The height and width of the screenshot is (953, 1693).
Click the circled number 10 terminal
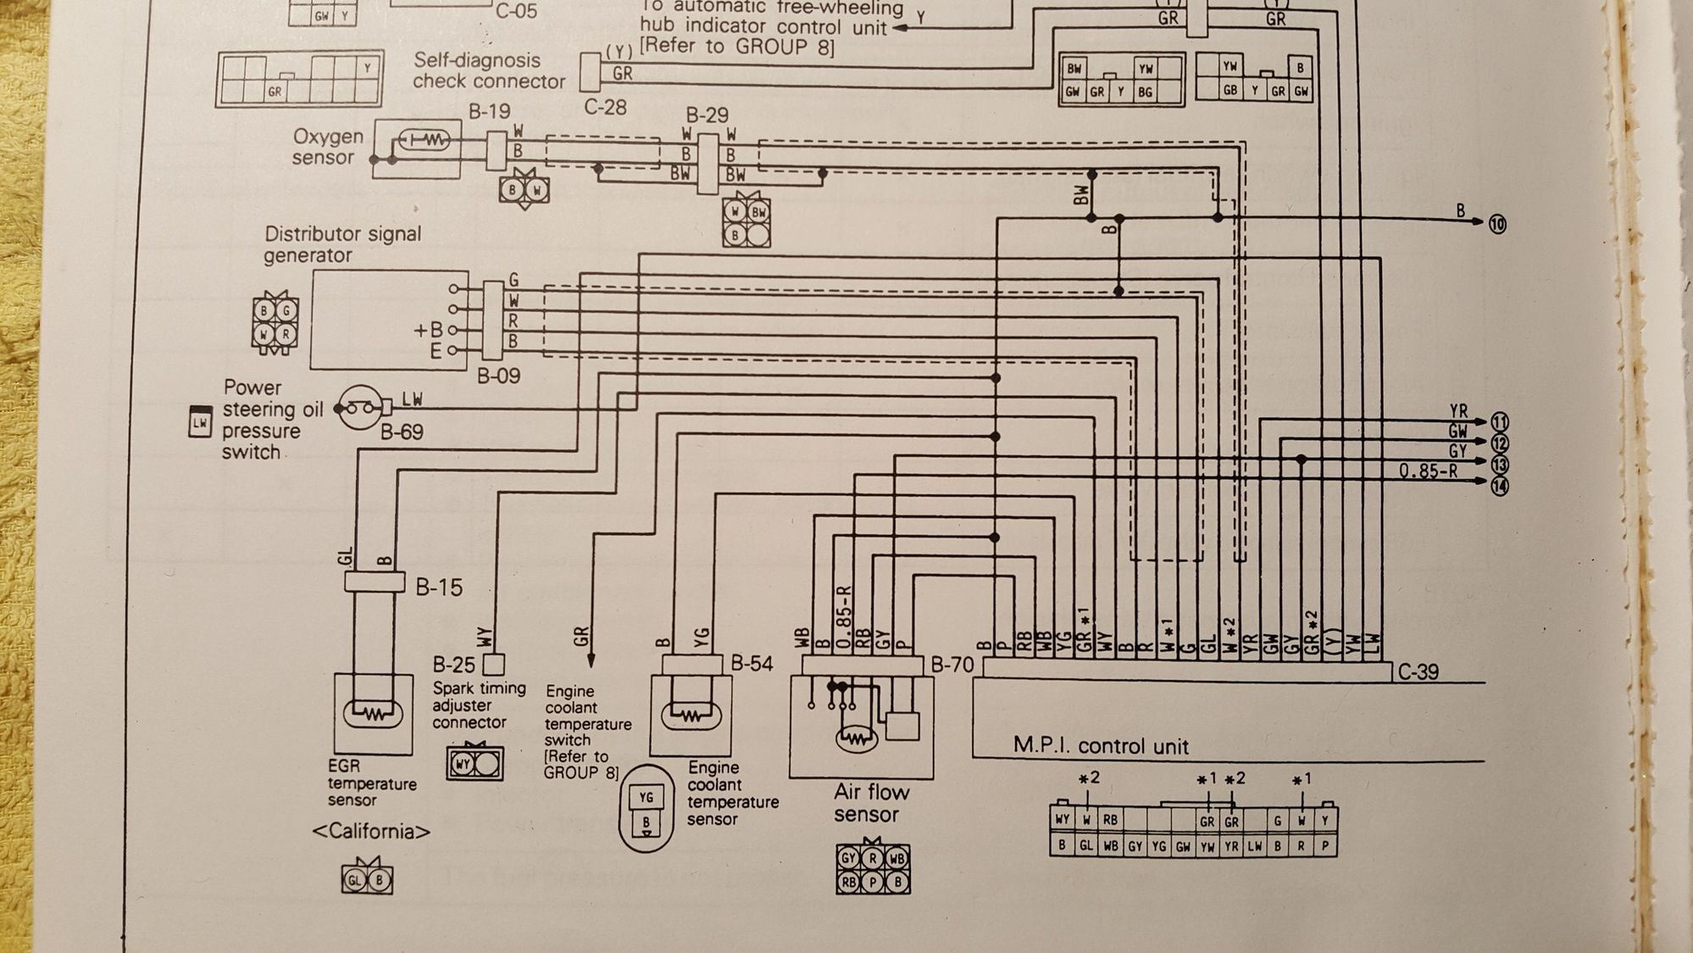coord(1497,224)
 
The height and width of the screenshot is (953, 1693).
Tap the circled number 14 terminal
coord(1499,486)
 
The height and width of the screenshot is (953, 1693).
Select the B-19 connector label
coord(490,111)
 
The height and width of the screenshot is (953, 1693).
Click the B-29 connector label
coord(707,114)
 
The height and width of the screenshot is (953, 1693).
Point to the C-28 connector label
coord(605,107)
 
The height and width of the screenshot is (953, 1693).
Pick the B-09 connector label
coord(498,376)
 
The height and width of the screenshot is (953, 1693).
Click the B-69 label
coord(401,432)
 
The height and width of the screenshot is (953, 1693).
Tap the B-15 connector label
coord(439,587)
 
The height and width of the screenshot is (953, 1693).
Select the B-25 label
coord(453,664)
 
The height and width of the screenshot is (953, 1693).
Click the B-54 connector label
coord(752,663)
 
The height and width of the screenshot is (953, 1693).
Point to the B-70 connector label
coord(952,665)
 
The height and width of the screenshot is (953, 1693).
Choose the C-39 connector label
coord(1418,672)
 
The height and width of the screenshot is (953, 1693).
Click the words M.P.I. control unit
coord(1100,746)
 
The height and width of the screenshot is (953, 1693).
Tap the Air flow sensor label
coord(870,803)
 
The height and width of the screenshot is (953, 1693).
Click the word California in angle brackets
coord(371,831)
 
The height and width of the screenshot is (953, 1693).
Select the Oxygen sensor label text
coord(327,147)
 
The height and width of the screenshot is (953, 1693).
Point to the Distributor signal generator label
coord(342,244)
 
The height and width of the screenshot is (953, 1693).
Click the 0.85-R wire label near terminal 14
coord(1428,471)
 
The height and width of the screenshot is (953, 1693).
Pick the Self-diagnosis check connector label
coord(488,70)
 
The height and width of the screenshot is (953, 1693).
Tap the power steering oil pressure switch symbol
coord(359,408)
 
